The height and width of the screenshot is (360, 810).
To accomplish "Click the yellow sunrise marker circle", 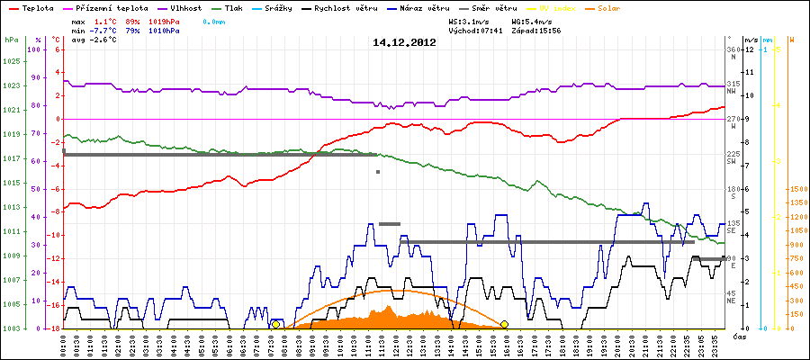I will coord(275,324).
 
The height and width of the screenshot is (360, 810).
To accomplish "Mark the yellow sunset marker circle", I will coord(505,324).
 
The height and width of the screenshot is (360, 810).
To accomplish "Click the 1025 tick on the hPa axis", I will coord(11,61).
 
